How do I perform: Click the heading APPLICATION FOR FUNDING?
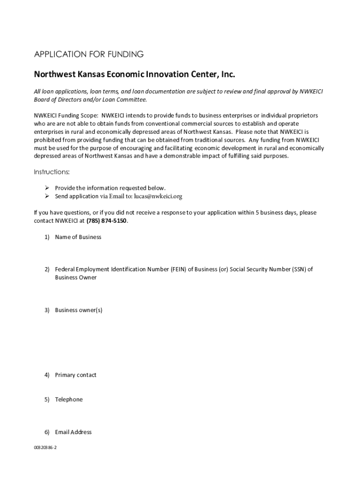point(88,54)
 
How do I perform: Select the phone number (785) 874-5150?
point(107,221)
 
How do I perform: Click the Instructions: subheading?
point(51,172)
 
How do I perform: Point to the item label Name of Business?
point(78,237)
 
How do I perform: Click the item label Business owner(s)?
point(79,310)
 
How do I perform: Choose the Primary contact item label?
point(76,375)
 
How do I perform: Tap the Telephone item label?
point(69,399)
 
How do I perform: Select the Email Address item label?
point(73,432)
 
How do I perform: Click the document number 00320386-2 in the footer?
point(45,448)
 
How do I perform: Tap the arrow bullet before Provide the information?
point(47,188)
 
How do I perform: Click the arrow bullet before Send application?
point(47,196)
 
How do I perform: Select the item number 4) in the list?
point(47,375)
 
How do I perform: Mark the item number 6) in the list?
point(47,432)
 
